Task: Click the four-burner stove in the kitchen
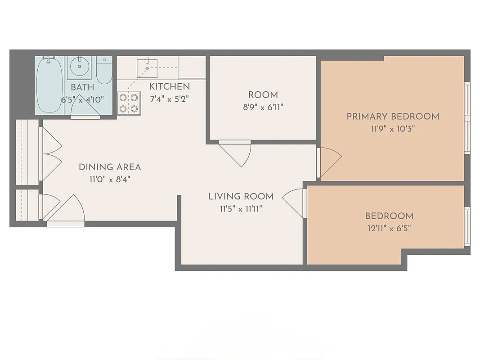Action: point(128,103)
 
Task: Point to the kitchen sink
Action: point(147,67)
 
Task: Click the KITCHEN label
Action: point(169,86)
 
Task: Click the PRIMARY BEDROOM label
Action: point(392,117)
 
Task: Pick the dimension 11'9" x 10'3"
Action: point(392,129)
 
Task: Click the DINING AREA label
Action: point(110,167)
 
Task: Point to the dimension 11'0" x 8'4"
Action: point(110,180)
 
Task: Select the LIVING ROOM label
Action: point(241,196)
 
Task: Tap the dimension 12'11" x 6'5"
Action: point(389,228)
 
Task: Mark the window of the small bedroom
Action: point(467,227)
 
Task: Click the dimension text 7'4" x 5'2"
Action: point(169,99)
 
